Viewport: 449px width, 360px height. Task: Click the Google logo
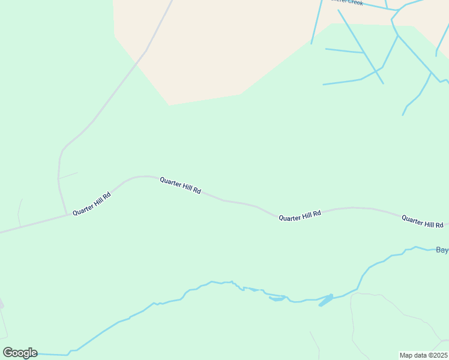point(20,353)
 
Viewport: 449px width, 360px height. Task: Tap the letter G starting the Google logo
point(8,353)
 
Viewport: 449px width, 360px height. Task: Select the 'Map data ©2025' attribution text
point(423,355)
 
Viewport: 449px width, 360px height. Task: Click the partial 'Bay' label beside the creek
point(442,250)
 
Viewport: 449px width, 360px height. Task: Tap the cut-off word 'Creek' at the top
point(354,2)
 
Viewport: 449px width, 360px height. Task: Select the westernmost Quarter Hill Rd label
point(92,204)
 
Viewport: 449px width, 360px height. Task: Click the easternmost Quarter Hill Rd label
point(422,221)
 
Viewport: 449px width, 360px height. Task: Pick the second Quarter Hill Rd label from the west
point(180,185)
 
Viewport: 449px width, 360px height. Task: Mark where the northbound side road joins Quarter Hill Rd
point(66,214)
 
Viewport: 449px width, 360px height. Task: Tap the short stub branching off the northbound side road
point(68,175)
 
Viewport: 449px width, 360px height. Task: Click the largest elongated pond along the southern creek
point(325,300)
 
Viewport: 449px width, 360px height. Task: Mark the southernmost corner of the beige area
point(169,105)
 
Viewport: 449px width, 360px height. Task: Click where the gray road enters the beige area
point(145,51)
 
